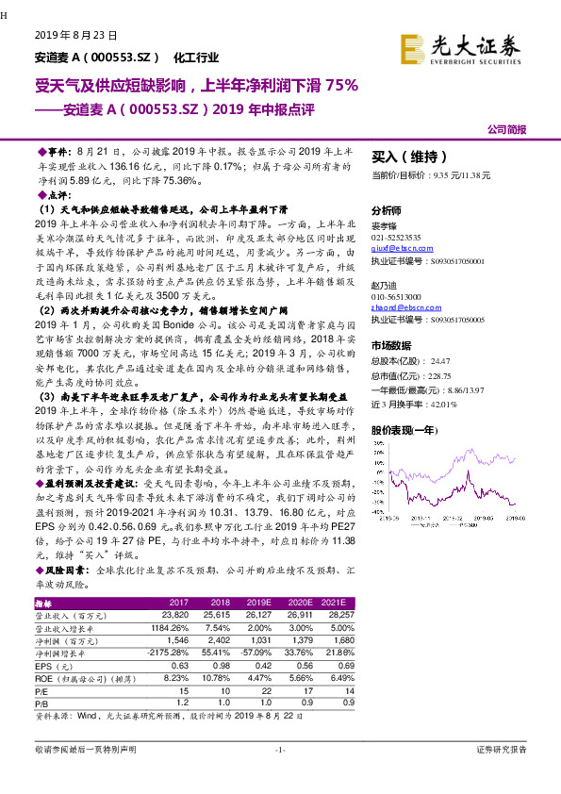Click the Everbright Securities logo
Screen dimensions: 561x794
click(x=459, y=47)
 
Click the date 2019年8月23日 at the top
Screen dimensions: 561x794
click(x=76, y=35)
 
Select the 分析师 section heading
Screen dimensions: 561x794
click(x=387, y=211)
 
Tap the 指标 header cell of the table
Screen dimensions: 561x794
click(x=42, y=602)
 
